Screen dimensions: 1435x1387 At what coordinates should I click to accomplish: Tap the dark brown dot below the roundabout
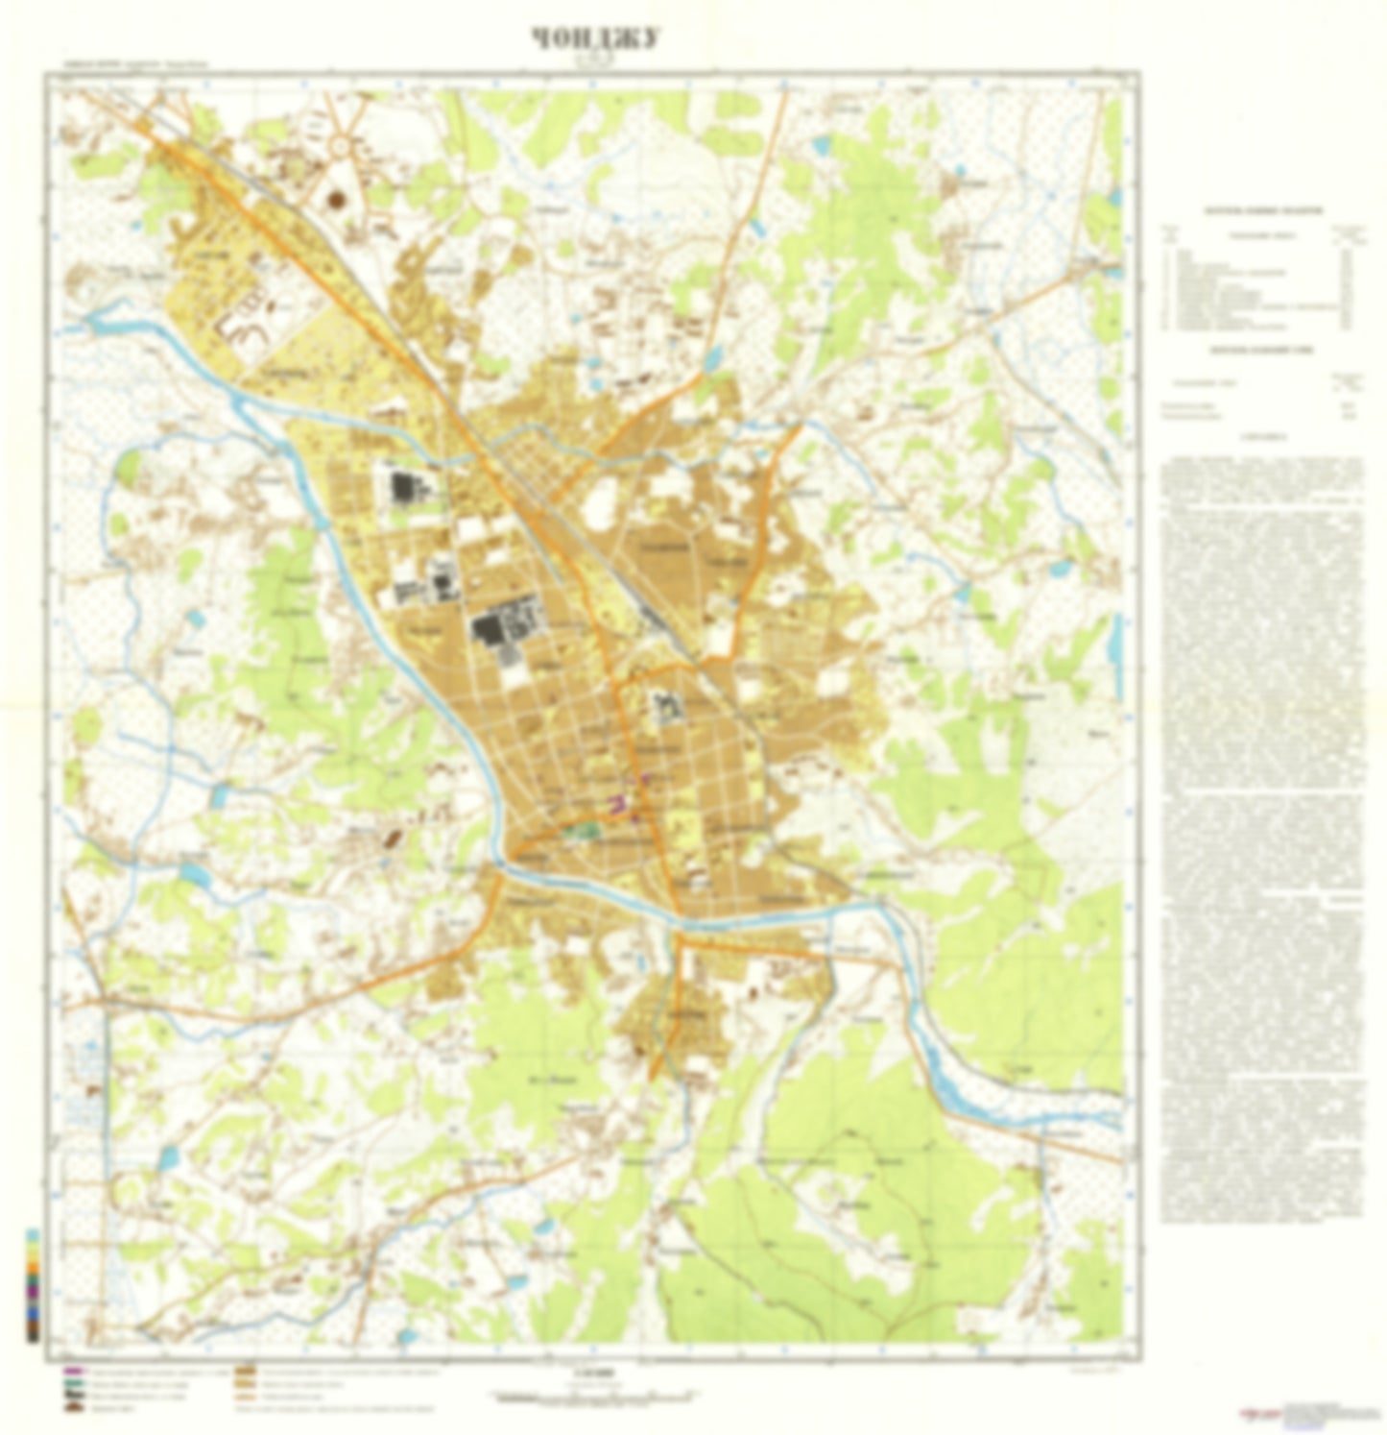coord(337,199)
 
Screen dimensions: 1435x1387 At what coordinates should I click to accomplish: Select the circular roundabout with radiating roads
coord(342,147)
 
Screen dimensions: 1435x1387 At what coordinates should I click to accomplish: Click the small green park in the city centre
coord(583,828)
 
